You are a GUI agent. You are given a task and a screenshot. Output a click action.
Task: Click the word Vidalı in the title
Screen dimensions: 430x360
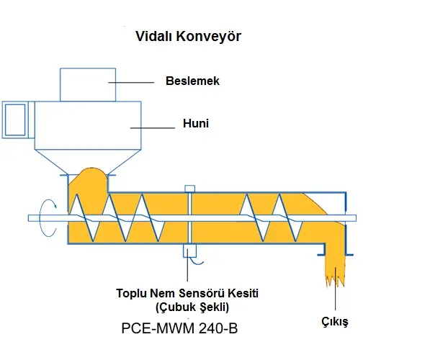click(x=153, y=36)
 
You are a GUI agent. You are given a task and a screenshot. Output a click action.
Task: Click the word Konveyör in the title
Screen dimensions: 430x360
click(x=208, y=36)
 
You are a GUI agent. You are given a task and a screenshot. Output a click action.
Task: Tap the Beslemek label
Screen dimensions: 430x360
click(x=192, y=81)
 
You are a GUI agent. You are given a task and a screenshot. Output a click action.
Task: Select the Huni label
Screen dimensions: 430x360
click(x=196, y=123)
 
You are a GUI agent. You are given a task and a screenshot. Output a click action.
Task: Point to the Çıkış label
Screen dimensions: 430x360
click(x=335, y=321)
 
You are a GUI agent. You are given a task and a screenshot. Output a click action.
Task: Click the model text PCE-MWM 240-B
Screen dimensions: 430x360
click(x=179, y=328)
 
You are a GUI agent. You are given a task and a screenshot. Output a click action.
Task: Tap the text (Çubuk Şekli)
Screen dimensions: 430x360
click(x=192, y=307)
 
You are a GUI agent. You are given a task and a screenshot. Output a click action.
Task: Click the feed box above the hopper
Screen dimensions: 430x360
click(x=88, y=85)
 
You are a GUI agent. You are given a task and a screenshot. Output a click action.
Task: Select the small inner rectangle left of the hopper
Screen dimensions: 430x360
click(x=15, y=120)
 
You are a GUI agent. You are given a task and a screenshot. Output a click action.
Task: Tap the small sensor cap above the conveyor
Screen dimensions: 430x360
click(x=189, y=189)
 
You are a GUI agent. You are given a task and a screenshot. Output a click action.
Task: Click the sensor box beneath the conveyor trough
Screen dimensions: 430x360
click(x=189, y=251)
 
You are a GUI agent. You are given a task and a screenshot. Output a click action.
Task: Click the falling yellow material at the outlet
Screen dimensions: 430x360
click(x=335, y=264)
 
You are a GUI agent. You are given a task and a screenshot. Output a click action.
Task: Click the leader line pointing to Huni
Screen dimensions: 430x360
click(x=153, y=128)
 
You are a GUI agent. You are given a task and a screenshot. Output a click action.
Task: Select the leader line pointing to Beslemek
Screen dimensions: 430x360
click(x=131, y=82)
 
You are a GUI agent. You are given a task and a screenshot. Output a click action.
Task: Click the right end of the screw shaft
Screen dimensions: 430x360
click(x=356, y=218)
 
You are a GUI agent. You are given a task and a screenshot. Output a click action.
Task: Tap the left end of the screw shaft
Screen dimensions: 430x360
click(x=29, y=218)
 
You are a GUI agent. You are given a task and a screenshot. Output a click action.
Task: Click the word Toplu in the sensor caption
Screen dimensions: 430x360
click(x=130, y=293)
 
